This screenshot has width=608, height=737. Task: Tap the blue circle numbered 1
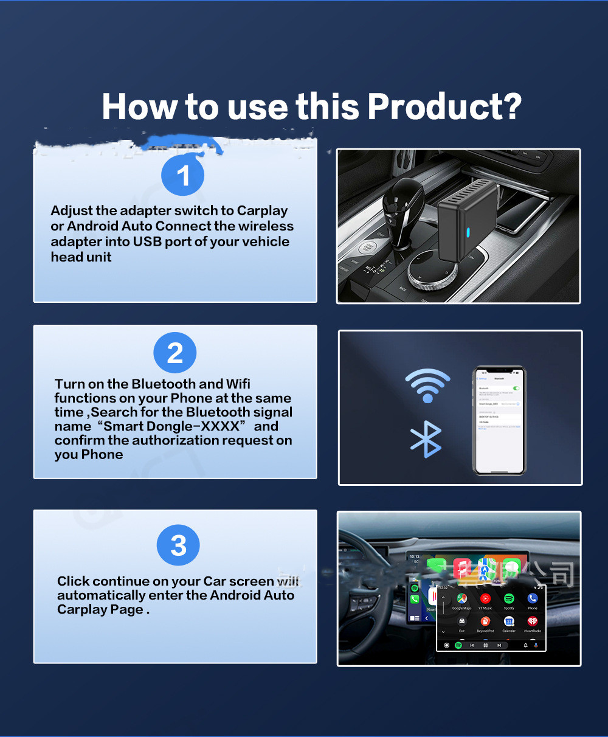[182, 176]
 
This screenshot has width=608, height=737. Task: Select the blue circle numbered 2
[175, 353]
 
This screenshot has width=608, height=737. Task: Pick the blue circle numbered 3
[178, 545]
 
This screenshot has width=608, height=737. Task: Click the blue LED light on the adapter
[468, 232]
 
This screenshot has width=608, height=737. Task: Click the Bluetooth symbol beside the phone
[426, 438]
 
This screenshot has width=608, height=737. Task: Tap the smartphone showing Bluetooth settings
[499, 420]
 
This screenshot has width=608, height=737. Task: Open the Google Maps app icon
[461, 599]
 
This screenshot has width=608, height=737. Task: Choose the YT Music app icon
[485, 599]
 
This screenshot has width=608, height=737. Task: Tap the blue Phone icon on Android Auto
[533, 599]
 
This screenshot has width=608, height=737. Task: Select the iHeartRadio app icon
[533, 621]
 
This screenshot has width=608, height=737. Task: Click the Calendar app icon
[509, 621]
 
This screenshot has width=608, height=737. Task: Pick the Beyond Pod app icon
[485, 621]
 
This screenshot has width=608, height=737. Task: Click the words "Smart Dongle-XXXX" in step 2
[172, 426]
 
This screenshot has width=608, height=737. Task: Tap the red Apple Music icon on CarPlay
[463, 569]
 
